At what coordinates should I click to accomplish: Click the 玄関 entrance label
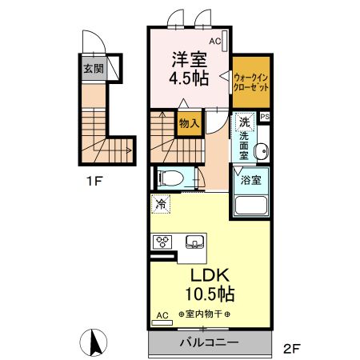pyautogui.click(x=94, y=69)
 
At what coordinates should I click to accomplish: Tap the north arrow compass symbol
pyautogui.click(x=94, y=342)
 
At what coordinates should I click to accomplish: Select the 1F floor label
pyautogui.click(x=94, y=182)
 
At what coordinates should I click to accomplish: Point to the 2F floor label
pyautogui.click(x=292, y=349)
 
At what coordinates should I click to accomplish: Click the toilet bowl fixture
pyautogui.click(x=170, y=178)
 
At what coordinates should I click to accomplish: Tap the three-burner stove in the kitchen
pyautogui.click(x=162, y=242)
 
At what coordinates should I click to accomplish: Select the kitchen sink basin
pyautogui.click(x=195, y=242)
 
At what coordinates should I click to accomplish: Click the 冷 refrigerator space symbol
pyautogui.click(x=161, y=204)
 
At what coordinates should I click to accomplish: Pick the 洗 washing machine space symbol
pyautogui.click(x=244, y=122)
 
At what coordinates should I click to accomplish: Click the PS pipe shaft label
pyautogui.click(x=265, y=117)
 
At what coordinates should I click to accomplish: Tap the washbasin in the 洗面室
pyautogui.click(x=262, y=151)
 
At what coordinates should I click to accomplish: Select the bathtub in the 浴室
pyautogui.click(x=250, y=205)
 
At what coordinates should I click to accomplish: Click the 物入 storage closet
pyautogui.click(x=189, y=123)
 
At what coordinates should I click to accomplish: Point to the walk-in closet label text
pyautogui.click(x=251, y=82)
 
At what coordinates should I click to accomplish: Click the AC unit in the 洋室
pyautogui.click(x=224, y=41)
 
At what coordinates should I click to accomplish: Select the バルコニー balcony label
pyautogui.click(x=209, y=342)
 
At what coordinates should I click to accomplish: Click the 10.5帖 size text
pyautogui.click(x=210, y=294)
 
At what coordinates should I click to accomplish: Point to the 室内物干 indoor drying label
pyautogui.click(x=205, y=314)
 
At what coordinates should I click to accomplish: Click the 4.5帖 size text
pyautogui.click(x=189, y=78)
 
